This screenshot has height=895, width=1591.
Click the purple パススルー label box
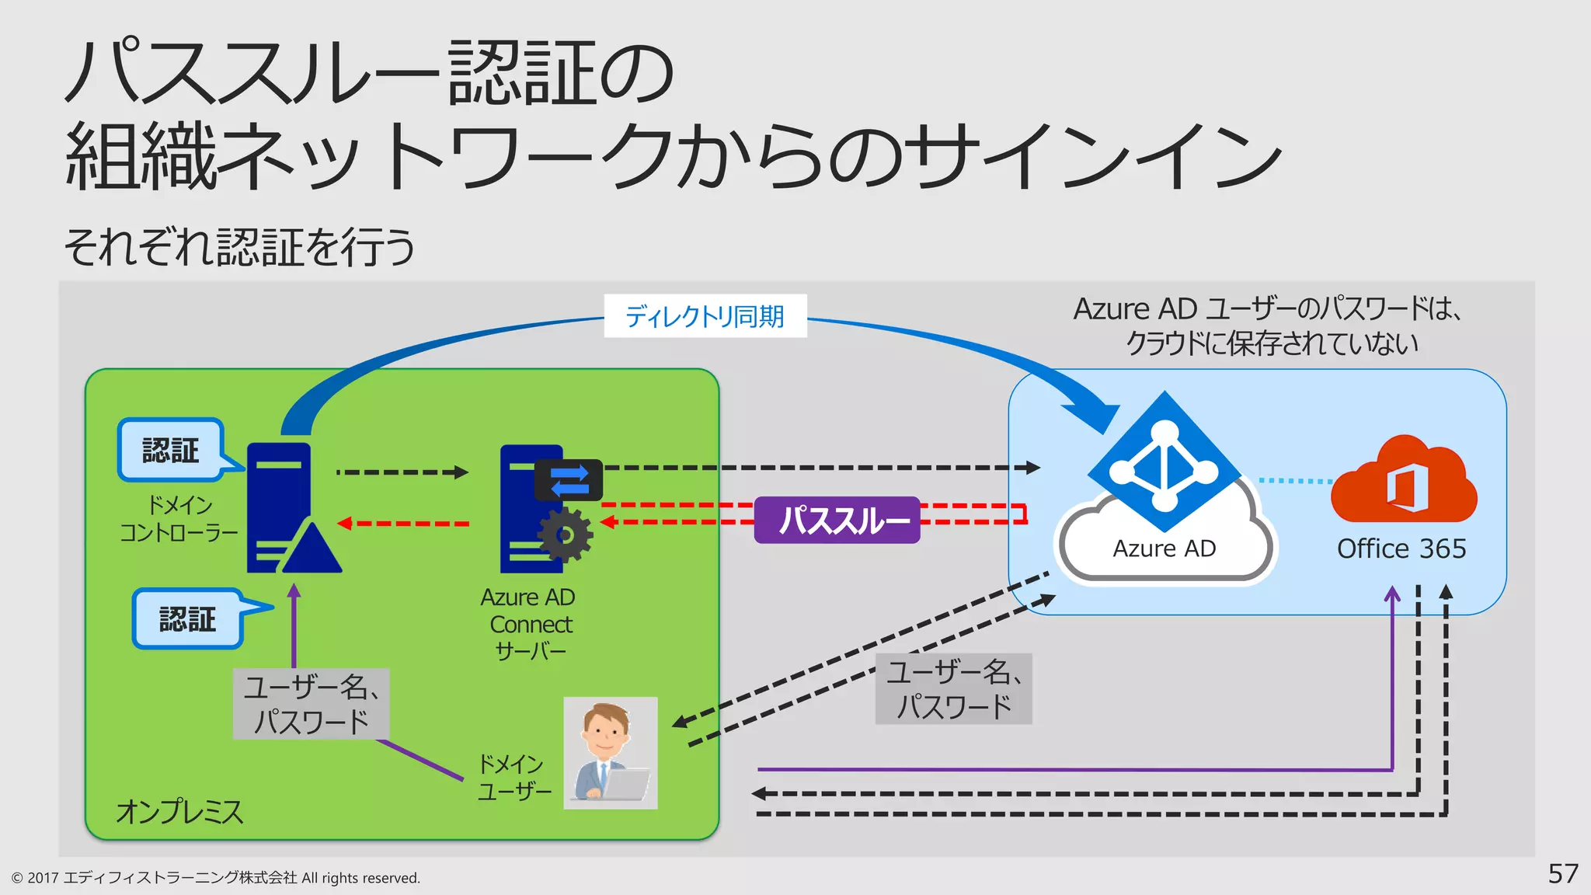pyautogui.click(x=837, y=520)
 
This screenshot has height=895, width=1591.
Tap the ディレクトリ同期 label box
pyautogui.click(x=705, y=316)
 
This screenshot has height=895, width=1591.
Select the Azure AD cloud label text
pyautogui.click(x=1164, y=548)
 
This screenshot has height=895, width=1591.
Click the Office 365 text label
pyautogui.click(x=1401, y=548)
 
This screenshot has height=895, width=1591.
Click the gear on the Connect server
pyautogui.click(x=565, y=535)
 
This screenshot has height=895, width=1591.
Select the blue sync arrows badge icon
pyautogui.click(x=569, y=480)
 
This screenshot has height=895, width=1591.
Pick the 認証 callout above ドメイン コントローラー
pyautogui.click(x=171, y=450)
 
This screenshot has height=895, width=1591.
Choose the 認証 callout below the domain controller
pyautogui.click(x=187, y=619)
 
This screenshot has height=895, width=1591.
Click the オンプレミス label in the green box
pyautogui.click(x=179, y=812)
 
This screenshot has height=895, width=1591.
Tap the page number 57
pyautogui.click(x=1562, y=873)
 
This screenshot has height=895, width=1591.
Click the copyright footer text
pyautogui.click(x=216, y=878)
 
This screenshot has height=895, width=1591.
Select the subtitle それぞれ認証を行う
pyautogui.click(x=239, y=247)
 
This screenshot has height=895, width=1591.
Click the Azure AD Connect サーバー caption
pyautogui.click(x=528, y=624)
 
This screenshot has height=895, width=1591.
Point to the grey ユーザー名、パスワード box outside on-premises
pyautogui.click(x=953, y=689)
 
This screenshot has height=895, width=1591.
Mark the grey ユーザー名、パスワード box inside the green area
pyautogui.click(x=311, y=704)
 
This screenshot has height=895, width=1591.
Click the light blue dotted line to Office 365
pyautogui.click(x=1295, y=481)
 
